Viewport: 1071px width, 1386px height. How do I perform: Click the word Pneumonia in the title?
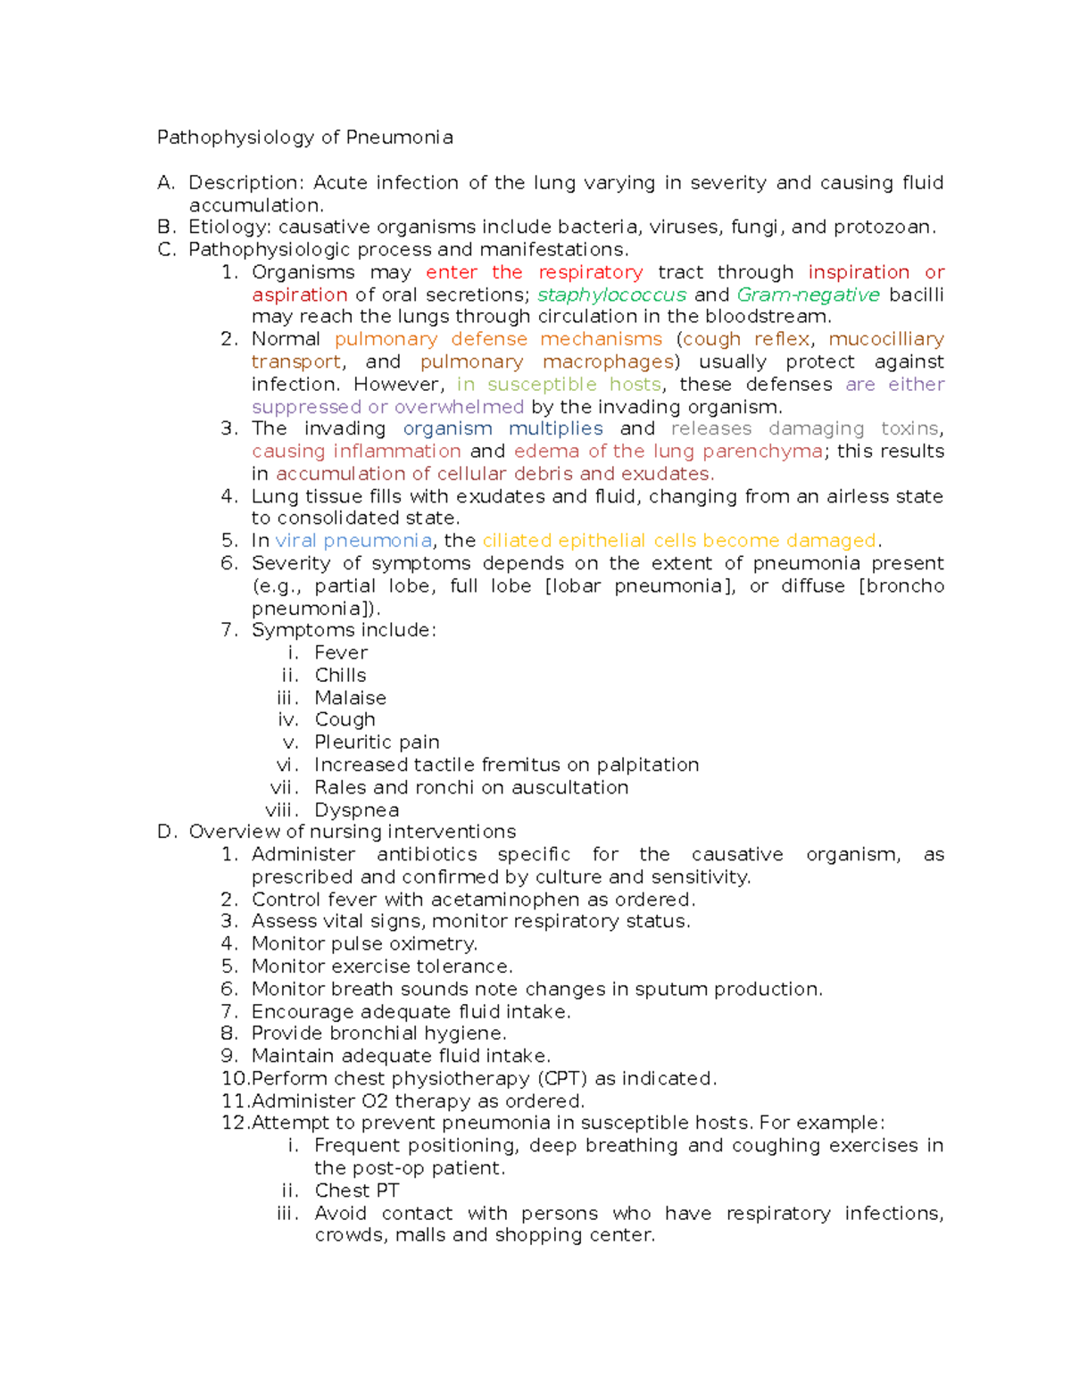(x=399, y=137)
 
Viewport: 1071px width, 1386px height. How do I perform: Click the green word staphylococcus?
(x=611, y=295)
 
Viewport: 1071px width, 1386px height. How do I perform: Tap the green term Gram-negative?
(x=808, y=295)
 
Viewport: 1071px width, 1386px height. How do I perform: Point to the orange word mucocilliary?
(x=885, y=339)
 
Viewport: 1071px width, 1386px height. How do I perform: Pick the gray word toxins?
(x=910, y=429)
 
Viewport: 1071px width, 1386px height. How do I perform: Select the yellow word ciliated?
(x=517, y=541)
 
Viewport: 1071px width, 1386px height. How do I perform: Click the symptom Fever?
(x=341, y=653)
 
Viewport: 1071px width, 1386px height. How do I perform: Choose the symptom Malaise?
(x=350, y=698)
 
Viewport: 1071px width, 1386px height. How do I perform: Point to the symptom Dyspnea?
(x=356, y=810)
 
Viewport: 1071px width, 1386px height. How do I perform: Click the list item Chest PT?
(x=356, y=1191)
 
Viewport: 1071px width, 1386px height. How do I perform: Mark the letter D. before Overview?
(x=167, y=833)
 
